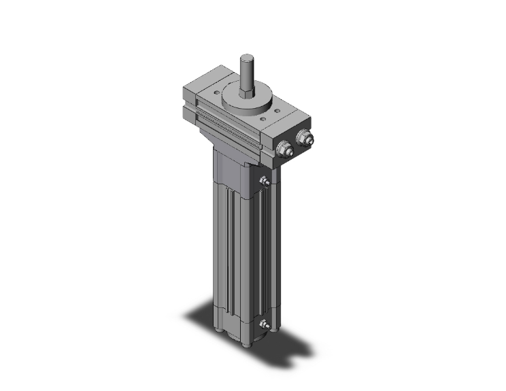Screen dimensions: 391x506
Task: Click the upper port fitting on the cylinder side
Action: [265, 182]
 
